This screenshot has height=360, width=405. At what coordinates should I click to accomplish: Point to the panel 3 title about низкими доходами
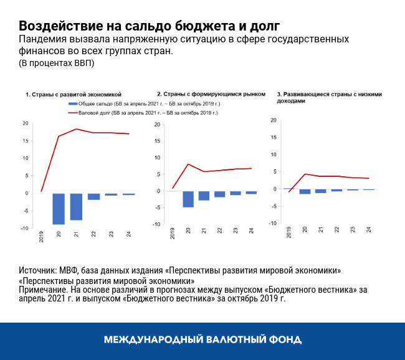pos(328,97)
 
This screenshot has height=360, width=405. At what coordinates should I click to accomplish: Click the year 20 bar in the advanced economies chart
pos(59,208)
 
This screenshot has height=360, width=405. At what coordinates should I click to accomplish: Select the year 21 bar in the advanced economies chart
pos(76,206)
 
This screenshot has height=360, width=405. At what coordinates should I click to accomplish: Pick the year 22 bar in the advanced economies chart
pos(93,196)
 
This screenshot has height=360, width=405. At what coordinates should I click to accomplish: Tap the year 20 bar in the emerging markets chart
pos(188,199)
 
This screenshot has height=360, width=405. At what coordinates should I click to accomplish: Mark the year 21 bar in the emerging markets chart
pos(204,196)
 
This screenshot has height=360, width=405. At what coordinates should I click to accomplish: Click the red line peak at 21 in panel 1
pos(76,129)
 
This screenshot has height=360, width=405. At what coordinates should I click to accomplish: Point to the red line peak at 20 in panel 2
pos(188,164)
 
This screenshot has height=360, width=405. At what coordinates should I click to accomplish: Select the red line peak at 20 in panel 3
pos(305,174)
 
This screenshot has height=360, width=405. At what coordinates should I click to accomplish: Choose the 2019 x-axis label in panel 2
pos(173,234)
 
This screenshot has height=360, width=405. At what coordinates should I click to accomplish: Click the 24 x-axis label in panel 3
pos(369,229)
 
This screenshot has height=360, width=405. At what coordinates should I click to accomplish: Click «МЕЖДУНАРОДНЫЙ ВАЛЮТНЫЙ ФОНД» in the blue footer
pos(202,340)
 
